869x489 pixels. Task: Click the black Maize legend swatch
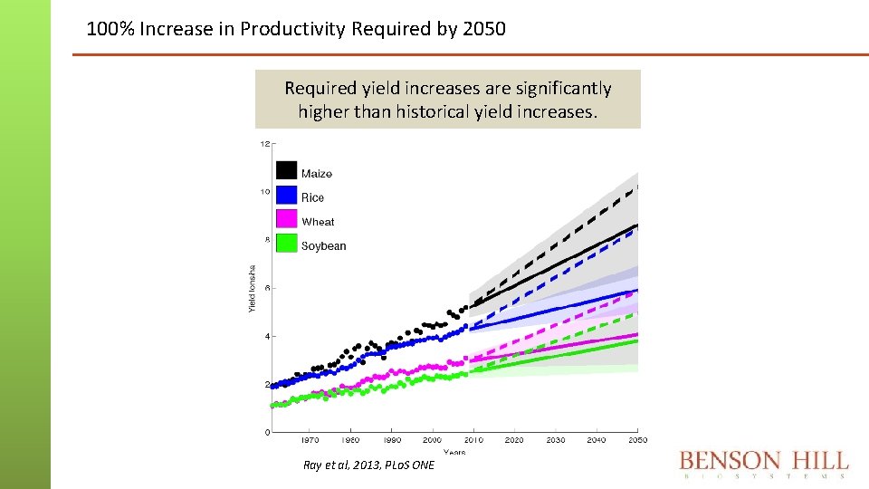coord(286,170)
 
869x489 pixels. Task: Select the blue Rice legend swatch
coord(286,195)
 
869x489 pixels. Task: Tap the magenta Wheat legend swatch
coord(286,219)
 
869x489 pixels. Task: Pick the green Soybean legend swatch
coord(286,244)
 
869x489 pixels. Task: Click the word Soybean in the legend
coord(323,246)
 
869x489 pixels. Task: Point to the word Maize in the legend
coord(317,174)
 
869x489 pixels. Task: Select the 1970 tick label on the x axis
coord(310,440)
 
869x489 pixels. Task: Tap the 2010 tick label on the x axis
coord(473,440)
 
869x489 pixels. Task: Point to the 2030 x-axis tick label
coord(555,440)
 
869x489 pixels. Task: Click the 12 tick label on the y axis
coord(264,144)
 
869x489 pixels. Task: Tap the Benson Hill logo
coord(764,464)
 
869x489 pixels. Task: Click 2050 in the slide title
coord(483,29)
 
